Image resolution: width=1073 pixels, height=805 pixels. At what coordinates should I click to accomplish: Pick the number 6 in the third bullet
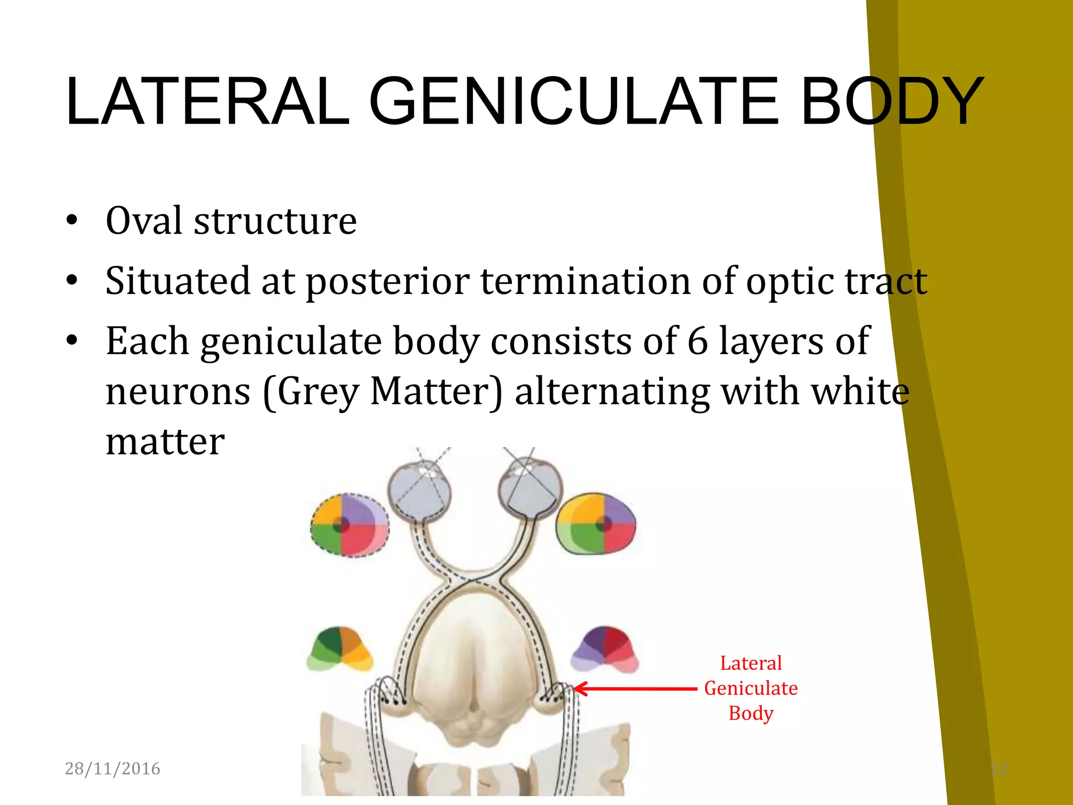tap(697, 342)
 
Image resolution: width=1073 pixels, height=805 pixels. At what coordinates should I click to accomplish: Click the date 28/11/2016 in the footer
tap(112, 768)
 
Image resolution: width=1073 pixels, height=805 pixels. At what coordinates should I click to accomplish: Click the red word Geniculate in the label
tap(750, 688)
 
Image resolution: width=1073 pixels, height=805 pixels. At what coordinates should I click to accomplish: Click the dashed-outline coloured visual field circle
tap(349, 525)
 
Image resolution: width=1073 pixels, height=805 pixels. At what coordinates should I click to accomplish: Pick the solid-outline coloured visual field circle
tap(596, 524)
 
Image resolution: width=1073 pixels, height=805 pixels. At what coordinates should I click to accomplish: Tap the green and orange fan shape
tap(340, 649)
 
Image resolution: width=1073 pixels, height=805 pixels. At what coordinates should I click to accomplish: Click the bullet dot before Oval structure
tap(72, 221)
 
